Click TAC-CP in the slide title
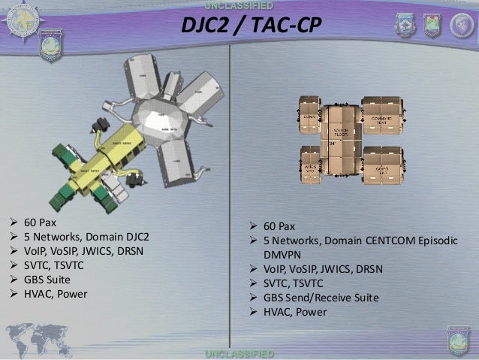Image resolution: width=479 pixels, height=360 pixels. click(285, 28)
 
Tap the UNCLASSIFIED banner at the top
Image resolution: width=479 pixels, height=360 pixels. click(239, 7)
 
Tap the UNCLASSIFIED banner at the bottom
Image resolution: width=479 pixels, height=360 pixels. click(239, 353)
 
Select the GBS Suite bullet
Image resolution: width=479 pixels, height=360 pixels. click(44, 279)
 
